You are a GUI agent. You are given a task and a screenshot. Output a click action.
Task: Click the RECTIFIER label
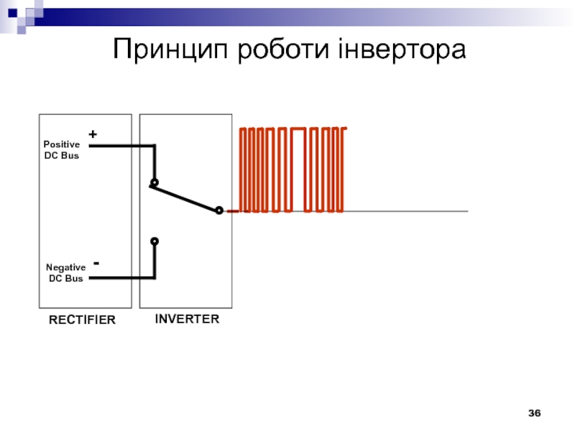pos(82,320)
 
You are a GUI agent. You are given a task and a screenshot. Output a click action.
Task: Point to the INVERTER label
pos(187,319)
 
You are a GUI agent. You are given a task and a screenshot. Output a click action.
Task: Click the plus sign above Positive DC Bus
pos(93,134)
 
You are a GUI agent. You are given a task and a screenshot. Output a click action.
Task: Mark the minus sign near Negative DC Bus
pos(96,263)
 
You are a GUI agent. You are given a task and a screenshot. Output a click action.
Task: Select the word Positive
pos(62,144)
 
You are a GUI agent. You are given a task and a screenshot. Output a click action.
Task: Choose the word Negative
pos(65,267)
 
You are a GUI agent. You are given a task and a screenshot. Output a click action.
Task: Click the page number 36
pos(534,413)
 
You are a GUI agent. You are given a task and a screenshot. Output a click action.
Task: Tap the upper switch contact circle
pos(155,182)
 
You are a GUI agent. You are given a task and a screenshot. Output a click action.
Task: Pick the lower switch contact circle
pos(155,241)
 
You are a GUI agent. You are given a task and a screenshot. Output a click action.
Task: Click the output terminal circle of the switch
pos(219,210)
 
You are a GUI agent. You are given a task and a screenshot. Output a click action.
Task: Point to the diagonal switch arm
pos(183,198)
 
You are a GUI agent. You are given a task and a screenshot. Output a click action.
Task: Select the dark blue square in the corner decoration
pos(12,13)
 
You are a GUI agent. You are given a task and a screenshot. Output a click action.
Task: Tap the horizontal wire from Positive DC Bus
pos(122,146)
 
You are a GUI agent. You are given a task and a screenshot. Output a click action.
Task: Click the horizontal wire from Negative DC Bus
pos(122,278)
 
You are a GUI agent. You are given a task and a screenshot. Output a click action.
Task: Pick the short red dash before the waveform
pos(232,211)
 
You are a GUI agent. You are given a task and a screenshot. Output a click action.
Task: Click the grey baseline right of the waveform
pos(405,211)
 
